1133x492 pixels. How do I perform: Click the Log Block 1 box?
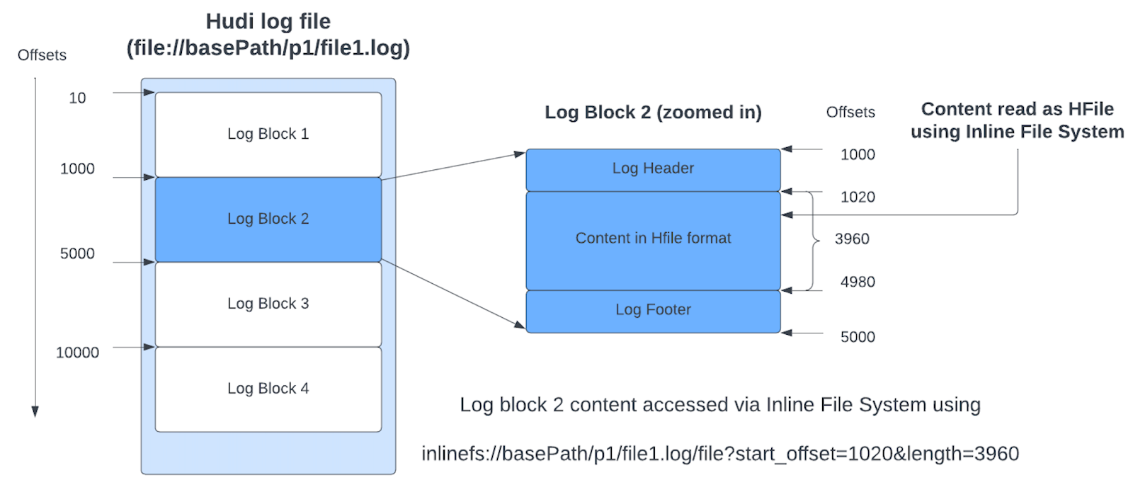[268, 135]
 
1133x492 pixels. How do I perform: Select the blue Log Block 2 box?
[268, 219]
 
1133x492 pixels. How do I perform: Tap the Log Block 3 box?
[268, 304]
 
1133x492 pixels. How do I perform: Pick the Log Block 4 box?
[268, 389]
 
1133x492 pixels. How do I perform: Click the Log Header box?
[652, 168]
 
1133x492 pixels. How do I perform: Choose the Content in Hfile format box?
[652, 239]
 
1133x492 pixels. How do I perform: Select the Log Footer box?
[652, 310]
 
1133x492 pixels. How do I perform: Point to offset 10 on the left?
[77, 98]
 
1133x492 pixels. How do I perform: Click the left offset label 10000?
[77, 353]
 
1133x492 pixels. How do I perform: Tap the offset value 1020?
[857, 197]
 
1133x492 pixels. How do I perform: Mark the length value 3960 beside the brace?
[851, 239]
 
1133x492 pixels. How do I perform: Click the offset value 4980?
[857, 282]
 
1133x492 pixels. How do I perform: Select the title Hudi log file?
[268, 22]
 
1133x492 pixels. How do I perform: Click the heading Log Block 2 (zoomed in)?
[652, 113]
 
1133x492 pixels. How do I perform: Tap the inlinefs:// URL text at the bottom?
[719, 454]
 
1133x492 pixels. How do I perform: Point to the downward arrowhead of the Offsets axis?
[35, 411]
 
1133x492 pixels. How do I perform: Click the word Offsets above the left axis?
[42, 55]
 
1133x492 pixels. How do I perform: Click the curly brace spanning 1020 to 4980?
[814, 240]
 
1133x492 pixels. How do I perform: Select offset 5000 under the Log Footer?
[857, 337]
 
